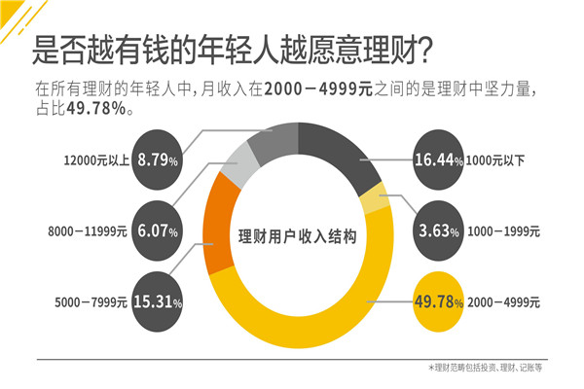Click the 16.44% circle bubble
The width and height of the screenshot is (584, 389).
(x=437, y=159)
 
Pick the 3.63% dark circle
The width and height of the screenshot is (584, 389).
(x=437, y=230)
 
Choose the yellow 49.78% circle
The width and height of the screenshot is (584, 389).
(x=437, y=301)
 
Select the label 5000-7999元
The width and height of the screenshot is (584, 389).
(x=88, y=302)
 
